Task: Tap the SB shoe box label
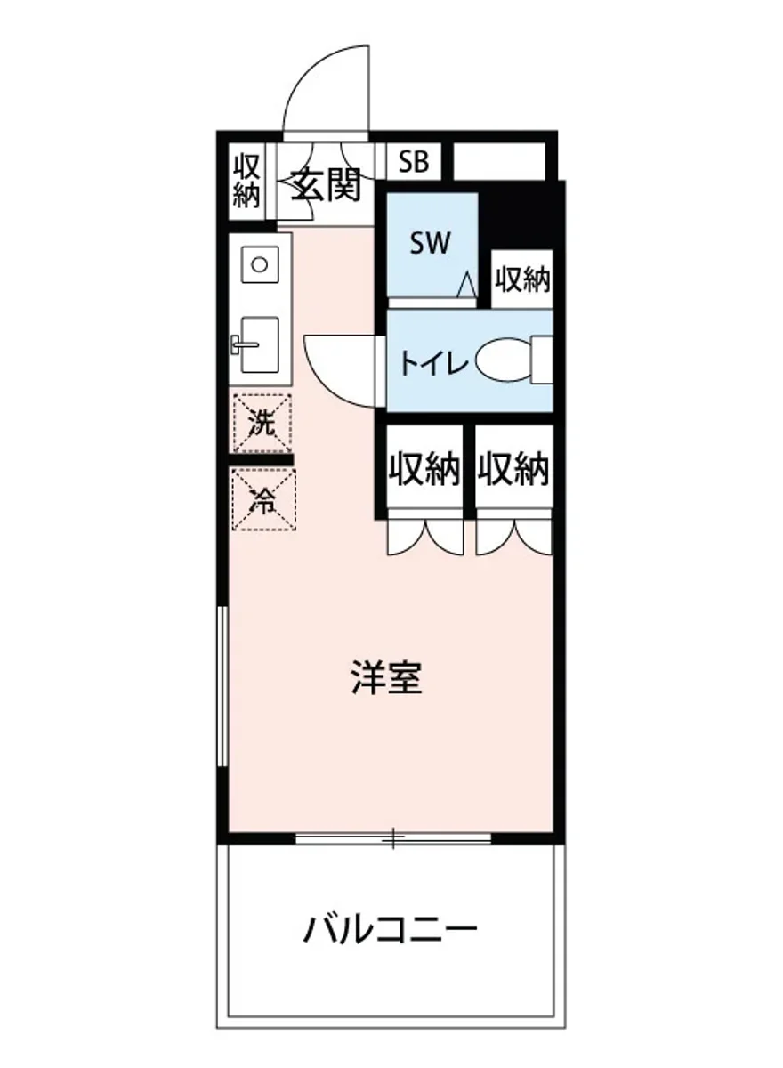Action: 413,162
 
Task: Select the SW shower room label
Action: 431,242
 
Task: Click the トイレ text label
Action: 432,363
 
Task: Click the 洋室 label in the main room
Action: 385,679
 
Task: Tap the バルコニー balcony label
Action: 391,931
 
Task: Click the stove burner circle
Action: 259,263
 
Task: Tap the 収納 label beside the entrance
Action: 246,181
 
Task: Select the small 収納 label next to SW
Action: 523,280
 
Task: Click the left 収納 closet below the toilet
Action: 424,469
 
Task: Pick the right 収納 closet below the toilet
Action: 513,469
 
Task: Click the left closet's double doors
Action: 424,537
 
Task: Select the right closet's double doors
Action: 513,537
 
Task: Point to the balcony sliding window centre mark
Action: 392,837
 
